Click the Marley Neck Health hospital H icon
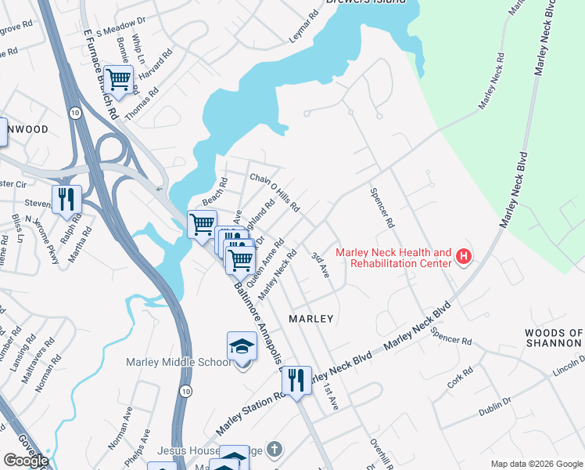(x=464, y=257)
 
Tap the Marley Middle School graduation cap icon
(x=242, y=346)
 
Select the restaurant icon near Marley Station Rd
(x=296, y=381)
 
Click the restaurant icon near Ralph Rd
(x=67, y=200)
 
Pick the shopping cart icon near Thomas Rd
(x=118, y=80)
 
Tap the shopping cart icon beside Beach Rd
(x=202, y=225)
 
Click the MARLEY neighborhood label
(x=311, y=319)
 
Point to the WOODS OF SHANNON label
(x=554, y=338)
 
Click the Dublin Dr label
(x=495, y=403)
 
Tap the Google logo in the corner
(x=25, y=461)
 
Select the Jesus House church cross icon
(x=273, y=450)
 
